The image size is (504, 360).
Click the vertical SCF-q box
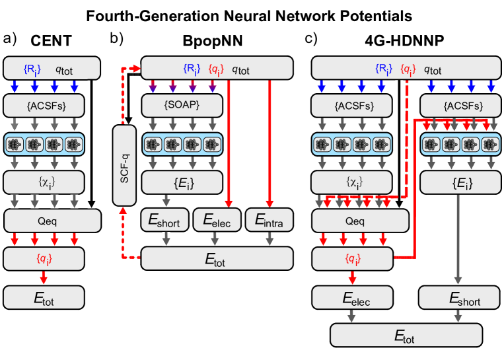click(x=124, y=165)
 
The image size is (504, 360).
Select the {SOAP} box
click(x=180, y=104)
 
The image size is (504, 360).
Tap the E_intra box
click(x=269, y=221)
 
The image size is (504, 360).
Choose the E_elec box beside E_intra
click(x=217, y=221)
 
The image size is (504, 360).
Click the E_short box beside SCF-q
click(x=165, y=221)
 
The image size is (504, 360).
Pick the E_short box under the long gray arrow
click(x=458, y=298)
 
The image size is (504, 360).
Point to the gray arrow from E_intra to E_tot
click(x=269, y=239)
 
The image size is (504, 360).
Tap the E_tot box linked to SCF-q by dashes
click(x=217, y=259)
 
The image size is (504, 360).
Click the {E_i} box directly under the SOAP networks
click(x=180, y=182)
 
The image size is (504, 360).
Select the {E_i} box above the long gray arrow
click(x=458, y=182)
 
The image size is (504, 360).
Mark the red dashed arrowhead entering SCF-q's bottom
click(x=124, y=211)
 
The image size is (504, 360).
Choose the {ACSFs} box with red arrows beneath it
click(x=458, y=104)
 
